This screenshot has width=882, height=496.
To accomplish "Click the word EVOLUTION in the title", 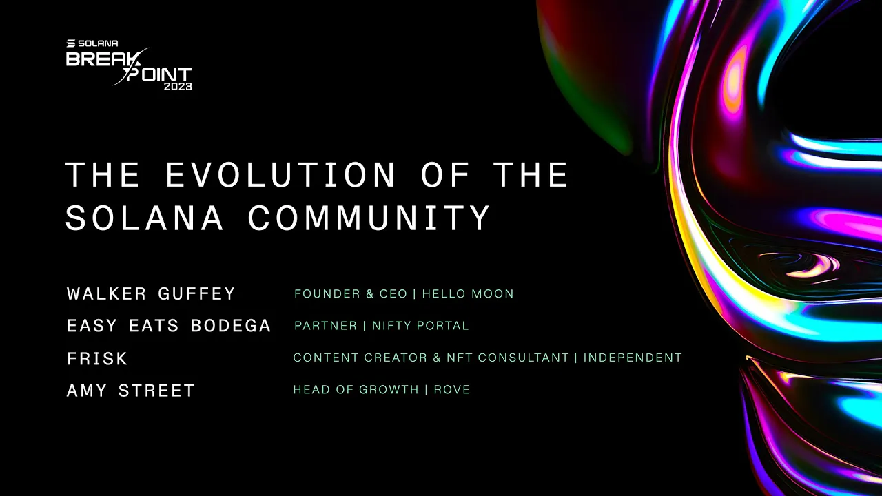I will click(x=280, y=175).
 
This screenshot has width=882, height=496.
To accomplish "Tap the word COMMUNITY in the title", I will click(x=369, y=218).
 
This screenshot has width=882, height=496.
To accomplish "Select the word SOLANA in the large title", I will click(x=145, y=218).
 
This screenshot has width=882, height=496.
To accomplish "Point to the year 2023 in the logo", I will click(x=177, y=87).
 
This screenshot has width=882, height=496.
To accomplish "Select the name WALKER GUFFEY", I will click(x=151, y=294).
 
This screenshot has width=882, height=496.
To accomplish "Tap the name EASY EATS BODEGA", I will click(x=169, y=326).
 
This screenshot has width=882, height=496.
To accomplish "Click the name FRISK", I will click(x=97, y=359).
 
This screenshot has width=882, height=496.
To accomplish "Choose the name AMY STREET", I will click(x=131, y=391).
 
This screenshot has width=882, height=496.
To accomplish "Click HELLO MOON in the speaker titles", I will click(x=468, y=294).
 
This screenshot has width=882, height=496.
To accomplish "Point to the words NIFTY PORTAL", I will click(x=420, y=326).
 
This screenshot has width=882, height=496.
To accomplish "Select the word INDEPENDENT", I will click(x=633, y=358).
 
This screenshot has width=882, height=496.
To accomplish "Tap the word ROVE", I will click(x=452, y=390).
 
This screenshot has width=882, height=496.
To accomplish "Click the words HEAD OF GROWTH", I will click(x=356, y=390).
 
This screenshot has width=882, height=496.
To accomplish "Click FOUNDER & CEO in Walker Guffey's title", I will click(x=351, y=294).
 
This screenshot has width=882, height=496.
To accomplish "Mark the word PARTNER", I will click(x=325, y=326).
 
